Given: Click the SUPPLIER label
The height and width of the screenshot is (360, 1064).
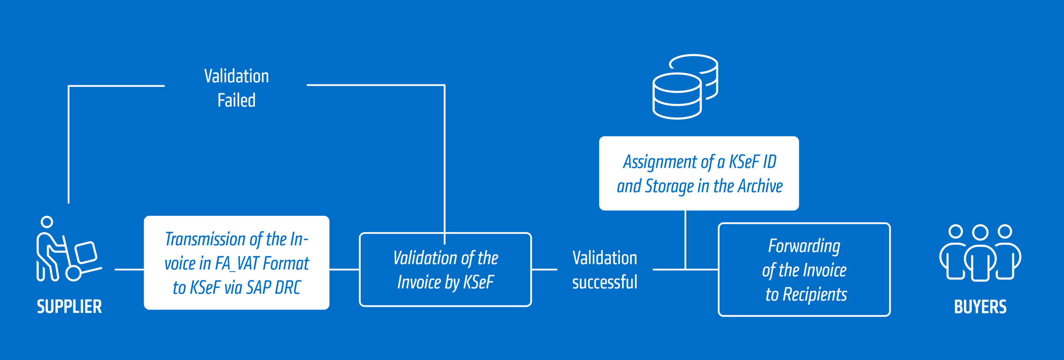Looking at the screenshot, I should pyautogui.click(x=69, y=307).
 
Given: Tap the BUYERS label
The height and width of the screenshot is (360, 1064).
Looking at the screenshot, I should pyautogui.click(x=980, y=307).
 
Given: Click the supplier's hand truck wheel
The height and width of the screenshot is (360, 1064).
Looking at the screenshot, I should pyautogui.click(x=74, y=273).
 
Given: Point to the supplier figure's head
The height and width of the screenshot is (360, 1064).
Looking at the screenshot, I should pyautogui.click(x=47, y=222).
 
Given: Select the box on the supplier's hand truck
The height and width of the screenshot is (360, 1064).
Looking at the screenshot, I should pyautogui.click(x=86, y=252).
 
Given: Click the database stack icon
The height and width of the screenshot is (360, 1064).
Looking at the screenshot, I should pyautogui.click(x=685, y=86).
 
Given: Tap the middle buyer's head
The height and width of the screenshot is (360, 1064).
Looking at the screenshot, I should pyautogui.click(x=980, y=232).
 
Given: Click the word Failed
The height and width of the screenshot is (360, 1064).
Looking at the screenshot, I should pyautogui.click(x=236, y=101).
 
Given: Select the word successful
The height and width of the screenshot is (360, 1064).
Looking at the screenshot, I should pyautogui.click(x=605, y=282).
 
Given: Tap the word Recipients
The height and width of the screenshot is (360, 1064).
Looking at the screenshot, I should pyautogui.click(x=815, y=294).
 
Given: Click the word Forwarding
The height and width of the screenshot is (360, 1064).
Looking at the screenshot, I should pyautogui.click(x=804, y=246).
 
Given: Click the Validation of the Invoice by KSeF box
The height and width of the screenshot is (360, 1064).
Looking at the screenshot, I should pyautogui.click(x=445, y=269).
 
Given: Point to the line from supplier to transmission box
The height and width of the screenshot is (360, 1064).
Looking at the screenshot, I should pyautogui.click(x=129, y=269).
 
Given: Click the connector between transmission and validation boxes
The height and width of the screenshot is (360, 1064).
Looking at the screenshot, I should pyautogui.click(x=344, y=269).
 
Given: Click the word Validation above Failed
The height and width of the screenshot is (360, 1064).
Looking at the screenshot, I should pyautogui.click(x=236, y=76).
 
